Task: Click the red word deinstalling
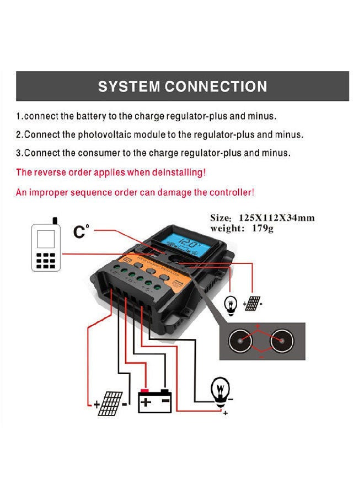(x=178, y=172)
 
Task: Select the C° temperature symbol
(x=81, y=231)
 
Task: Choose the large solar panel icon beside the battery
(x=112, y=404)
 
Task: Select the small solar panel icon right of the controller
(x=253, y=303)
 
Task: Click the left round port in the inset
(x=240, y=342)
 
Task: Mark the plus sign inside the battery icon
(x=146, y=402)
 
